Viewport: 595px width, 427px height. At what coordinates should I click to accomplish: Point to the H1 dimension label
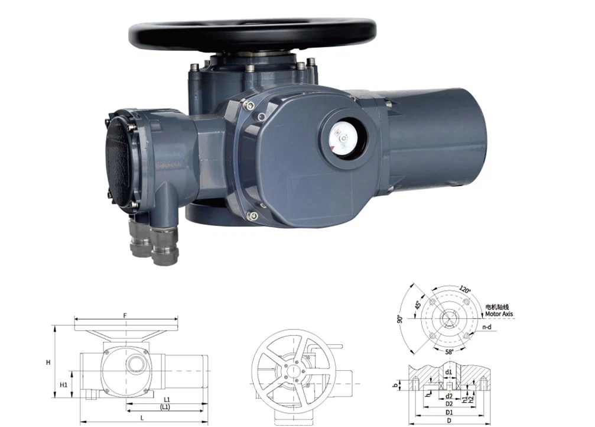click(63, 385)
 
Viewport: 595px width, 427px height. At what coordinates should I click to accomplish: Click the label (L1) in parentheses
click(165, 408)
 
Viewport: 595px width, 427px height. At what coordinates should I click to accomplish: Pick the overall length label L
click(142, 418)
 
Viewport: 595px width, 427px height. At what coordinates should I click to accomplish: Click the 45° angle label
click(418, 306)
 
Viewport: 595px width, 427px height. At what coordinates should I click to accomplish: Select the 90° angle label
click(400, 319)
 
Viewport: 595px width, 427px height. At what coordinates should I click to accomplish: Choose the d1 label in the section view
click(449, 372)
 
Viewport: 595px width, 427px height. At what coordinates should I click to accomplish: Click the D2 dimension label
click(449, 404)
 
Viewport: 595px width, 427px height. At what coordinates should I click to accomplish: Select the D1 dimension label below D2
click(449, 412)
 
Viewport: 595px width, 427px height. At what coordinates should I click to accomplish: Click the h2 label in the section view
click(471, 400)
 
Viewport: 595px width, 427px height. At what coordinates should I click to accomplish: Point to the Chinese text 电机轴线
click(497, 308)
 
